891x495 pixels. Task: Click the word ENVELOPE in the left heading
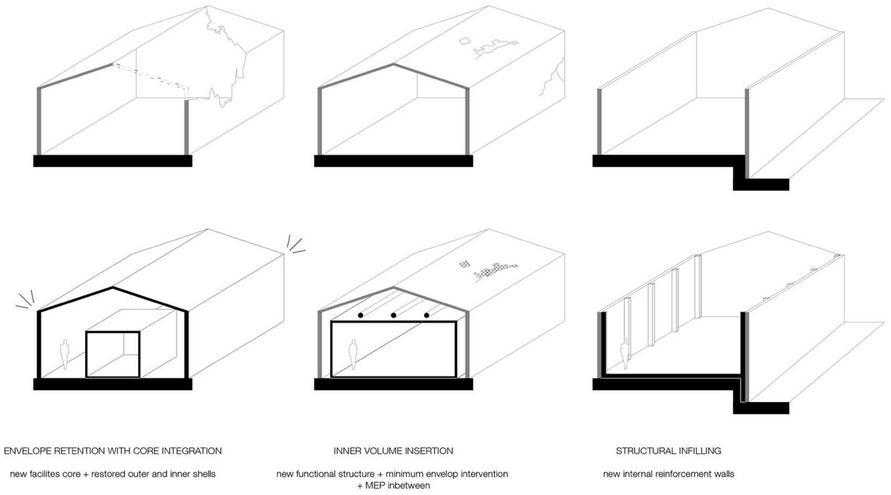click(28, 451)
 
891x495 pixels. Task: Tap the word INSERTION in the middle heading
click(429, 451)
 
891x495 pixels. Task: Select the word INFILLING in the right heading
click(699, 451)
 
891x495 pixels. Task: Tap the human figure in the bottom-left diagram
click(64, 354)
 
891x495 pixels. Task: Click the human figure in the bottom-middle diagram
click(353, 354)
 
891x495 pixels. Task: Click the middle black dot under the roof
click(393, 315)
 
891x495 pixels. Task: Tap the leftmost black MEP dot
click(360, 315)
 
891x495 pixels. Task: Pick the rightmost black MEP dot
click(427, 315)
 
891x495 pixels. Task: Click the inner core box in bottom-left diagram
click(113, 354)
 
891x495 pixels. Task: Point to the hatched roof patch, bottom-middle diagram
click(490, 270)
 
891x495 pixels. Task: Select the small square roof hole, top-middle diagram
click(464, 41)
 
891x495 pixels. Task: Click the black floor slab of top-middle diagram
click(393, 161)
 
